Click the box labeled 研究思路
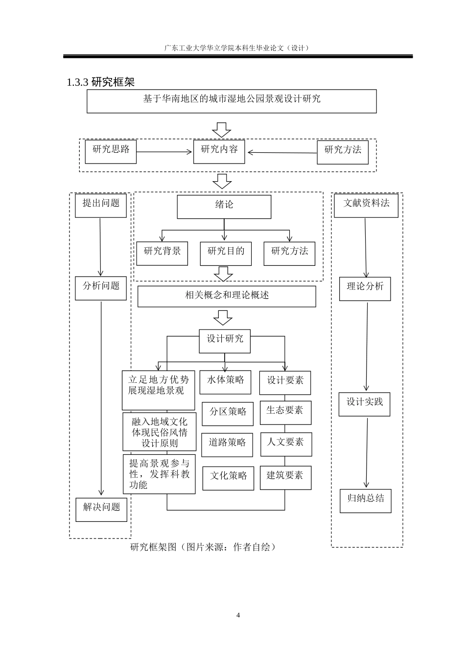coord(111,151)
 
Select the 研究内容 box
coord(219,151)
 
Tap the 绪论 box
coord(224,207)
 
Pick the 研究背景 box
coord(162,253)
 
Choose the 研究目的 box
coord(226,253)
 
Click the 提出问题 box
coord(101,205)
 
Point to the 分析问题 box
coord(101,288)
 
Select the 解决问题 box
coord(101,509)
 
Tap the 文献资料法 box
coord(366,205)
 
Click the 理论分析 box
coord(365,288)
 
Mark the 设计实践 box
coord(365,404)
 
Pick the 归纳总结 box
coord(366,500)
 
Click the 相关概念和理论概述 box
coord(227,296)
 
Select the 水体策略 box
coord(225,382)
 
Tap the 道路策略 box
coord(227,445)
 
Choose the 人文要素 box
coord(286,444)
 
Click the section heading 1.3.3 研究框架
coord(100,82)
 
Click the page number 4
coord(238,615)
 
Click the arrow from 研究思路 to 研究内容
coord(164,152)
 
